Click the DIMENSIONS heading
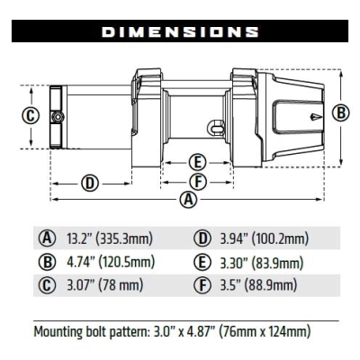pyautogui.click(x=180, y=31)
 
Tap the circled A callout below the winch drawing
pyautogui.click(x=188, y=200)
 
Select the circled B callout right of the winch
pyautogui.click(x=340, y=113)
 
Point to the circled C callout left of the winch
pyautogui.click(x=30, y=115)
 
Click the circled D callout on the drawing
pyautogui.click(x=89, y=184)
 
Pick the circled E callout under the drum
pyautogui.click(x=198, y=163)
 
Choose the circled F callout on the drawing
pyautogui.click(x=198, y=181)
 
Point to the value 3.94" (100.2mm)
pyautogui.click(x=263, y=238)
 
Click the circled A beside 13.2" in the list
pyautogui.click(x=47, y=238)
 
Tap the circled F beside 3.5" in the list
pyautogui.click(x=202, y=287)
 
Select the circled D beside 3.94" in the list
pyautogui.click(x=202, y=238)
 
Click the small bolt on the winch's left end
pyautogui.click(x=57, y=117)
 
